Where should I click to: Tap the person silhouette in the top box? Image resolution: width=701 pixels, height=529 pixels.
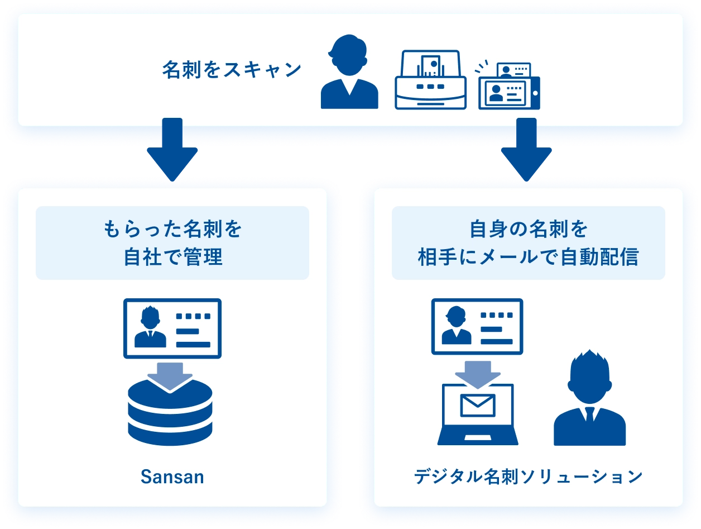349,73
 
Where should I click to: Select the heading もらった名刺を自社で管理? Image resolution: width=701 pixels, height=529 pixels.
172,243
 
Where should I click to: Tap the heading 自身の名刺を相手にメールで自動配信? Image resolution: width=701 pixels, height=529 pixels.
528,243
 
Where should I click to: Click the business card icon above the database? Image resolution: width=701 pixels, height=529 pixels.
172,328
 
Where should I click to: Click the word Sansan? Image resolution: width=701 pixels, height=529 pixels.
172,478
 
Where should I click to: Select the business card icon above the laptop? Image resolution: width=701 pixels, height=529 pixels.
477,326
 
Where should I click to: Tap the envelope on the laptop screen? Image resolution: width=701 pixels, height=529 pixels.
478,406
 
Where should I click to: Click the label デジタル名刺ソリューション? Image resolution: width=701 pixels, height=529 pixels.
528,478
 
